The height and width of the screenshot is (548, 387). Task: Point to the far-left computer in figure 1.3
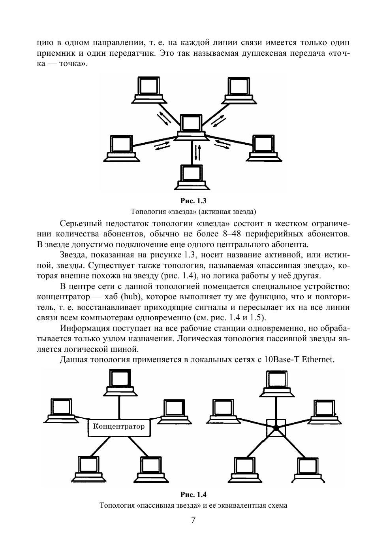click(122, 148)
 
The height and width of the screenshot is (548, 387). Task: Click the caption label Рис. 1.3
click(193, 200)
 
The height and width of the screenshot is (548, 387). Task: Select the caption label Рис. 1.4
click(193, 495)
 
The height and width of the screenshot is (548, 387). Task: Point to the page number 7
click(193, 520)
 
